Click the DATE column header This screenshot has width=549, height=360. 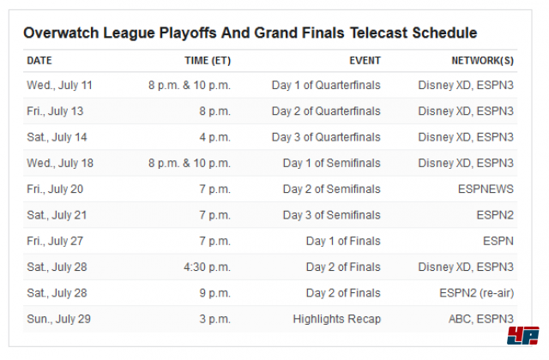pos(39,61)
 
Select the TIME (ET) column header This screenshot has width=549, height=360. pos(208,61)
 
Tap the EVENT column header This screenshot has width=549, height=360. pos(365,61)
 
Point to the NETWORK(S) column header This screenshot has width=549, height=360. pos(482,61)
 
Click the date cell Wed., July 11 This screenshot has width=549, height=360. pos(59,86)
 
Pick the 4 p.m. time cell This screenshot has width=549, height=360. pos(215,137)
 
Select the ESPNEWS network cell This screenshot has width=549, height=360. pos(486,189)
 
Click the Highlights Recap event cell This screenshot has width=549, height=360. pos(337,319)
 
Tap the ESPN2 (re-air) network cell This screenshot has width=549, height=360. pos(477,293)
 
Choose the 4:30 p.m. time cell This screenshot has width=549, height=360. pos(208,267)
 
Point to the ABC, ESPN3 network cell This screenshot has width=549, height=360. pos(481,319)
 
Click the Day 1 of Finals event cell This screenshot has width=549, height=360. pos(343,241)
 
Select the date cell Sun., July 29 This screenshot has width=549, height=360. pos(59,319)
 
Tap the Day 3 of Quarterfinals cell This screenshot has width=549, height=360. pos(326,137)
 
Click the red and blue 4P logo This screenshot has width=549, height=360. pos(523,336)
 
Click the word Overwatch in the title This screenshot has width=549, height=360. pos(61,33)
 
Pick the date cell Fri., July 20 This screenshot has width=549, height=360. pos(55,189)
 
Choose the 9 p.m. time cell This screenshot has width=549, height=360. pos(215,293)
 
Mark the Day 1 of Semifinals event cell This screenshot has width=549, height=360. pos(332,163)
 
